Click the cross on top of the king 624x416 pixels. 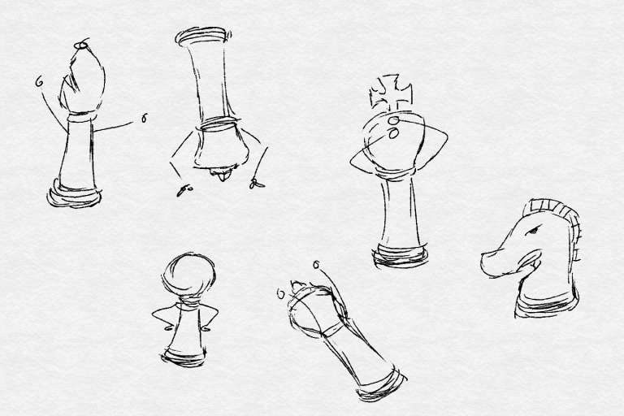(391, 91)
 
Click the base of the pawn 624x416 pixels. (183, 354)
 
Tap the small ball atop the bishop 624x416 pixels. (81, 45)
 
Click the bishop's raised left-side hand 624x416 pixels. (39, 80)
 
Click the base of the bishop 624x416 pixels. (75, 195)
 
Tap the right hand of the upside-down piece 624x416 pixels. (258, 184)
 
